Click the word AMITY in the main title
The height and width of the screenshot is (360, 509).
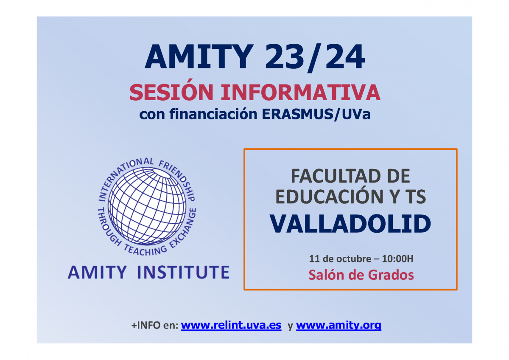[x=199, y=56]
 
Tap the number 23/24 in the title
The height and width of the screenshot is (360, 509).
[x=315, y=57]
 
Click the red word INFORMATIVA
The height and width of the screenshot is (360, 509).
[x=301, y=92]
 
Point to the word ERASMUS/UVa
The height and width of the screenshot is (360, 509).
[x=316, y=114]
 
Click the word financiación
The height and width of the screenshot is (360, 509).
[x=213, y=114]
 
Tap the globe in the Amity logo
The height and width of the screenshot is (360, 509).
[x=147, y=207]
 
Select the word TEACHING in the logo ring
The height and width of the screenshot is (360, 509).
[x=145, y=250]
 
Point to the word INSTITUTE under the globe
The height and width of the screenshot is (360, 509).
[x=184, y=272]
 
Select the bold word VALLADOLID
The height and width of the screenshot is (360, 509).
[x=350, y=224]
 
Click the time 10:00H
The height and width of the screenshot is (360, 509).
[x=397, y=259]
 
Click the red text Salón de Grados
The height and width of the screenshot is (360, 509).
[x=361, y=275]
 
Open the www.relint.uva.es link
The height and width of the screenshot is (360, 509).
[x=231, y=325]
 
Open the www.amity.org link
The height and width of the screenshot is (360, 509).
[x=338, y=326]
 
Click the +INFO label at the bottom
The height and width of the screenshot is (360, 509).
[x=146, y=326]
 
